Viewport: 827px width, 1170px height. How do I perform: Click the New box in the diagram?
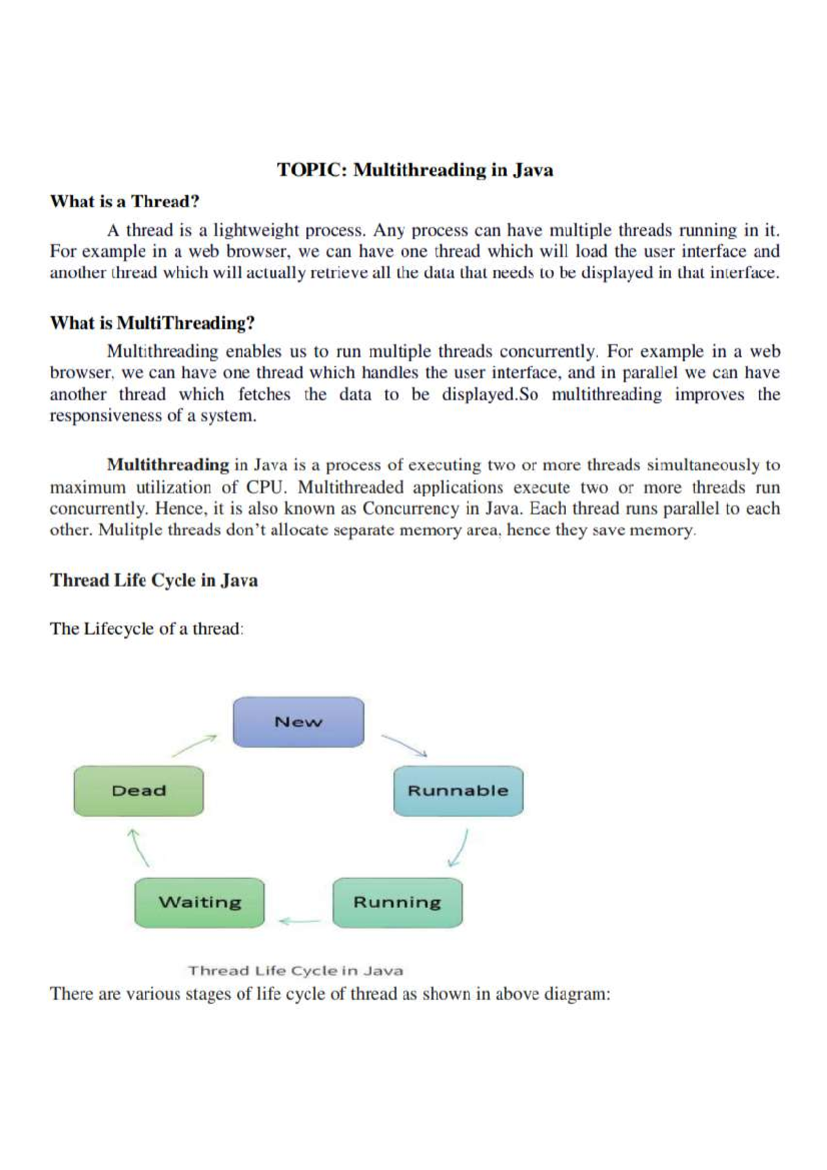(298, 722)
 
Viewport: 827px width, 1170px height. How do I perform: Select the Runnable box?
(458, 791)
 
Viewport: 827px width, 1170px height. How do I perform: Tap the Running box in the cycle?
(397, 903)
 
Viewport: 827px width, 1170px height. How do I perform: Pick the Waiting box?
(200, 903)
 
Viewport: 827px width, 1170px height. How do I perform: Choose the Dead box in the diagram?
(139, 791)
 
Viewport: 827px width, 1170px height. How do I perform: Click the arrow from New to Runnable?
(405, 745)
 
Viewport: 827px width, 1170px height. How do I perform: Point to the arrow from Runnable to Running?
(458, 848)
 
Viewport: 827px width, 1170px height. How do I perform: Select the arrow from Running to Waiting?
(299, 921)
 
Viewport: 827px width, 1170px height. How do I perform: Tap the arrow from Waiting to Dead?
(139, 848)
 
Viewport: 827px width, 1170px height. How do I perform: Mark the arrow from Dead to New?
(194, 746)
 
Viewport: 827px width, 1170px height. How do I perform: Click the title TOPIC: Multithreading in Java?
(415, 170)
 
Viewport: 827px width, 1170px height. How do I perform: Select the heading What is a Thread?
(125, 202)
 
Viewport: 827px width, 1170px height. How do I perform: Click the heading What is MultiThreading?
(152, 323)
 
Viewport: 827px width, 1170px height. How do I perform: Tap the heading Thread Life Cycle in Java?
(154, 580)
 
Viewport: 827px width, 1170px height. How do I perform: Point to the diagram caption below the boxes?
(296, 971)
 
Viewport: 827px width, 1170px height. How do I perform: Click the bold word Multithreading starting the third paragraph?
(167, 465)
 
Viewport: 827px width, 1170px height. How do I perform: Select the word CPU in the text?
(265, 487)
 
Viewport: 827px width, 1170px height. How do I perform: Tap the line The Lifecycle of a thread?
(147, 628)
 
